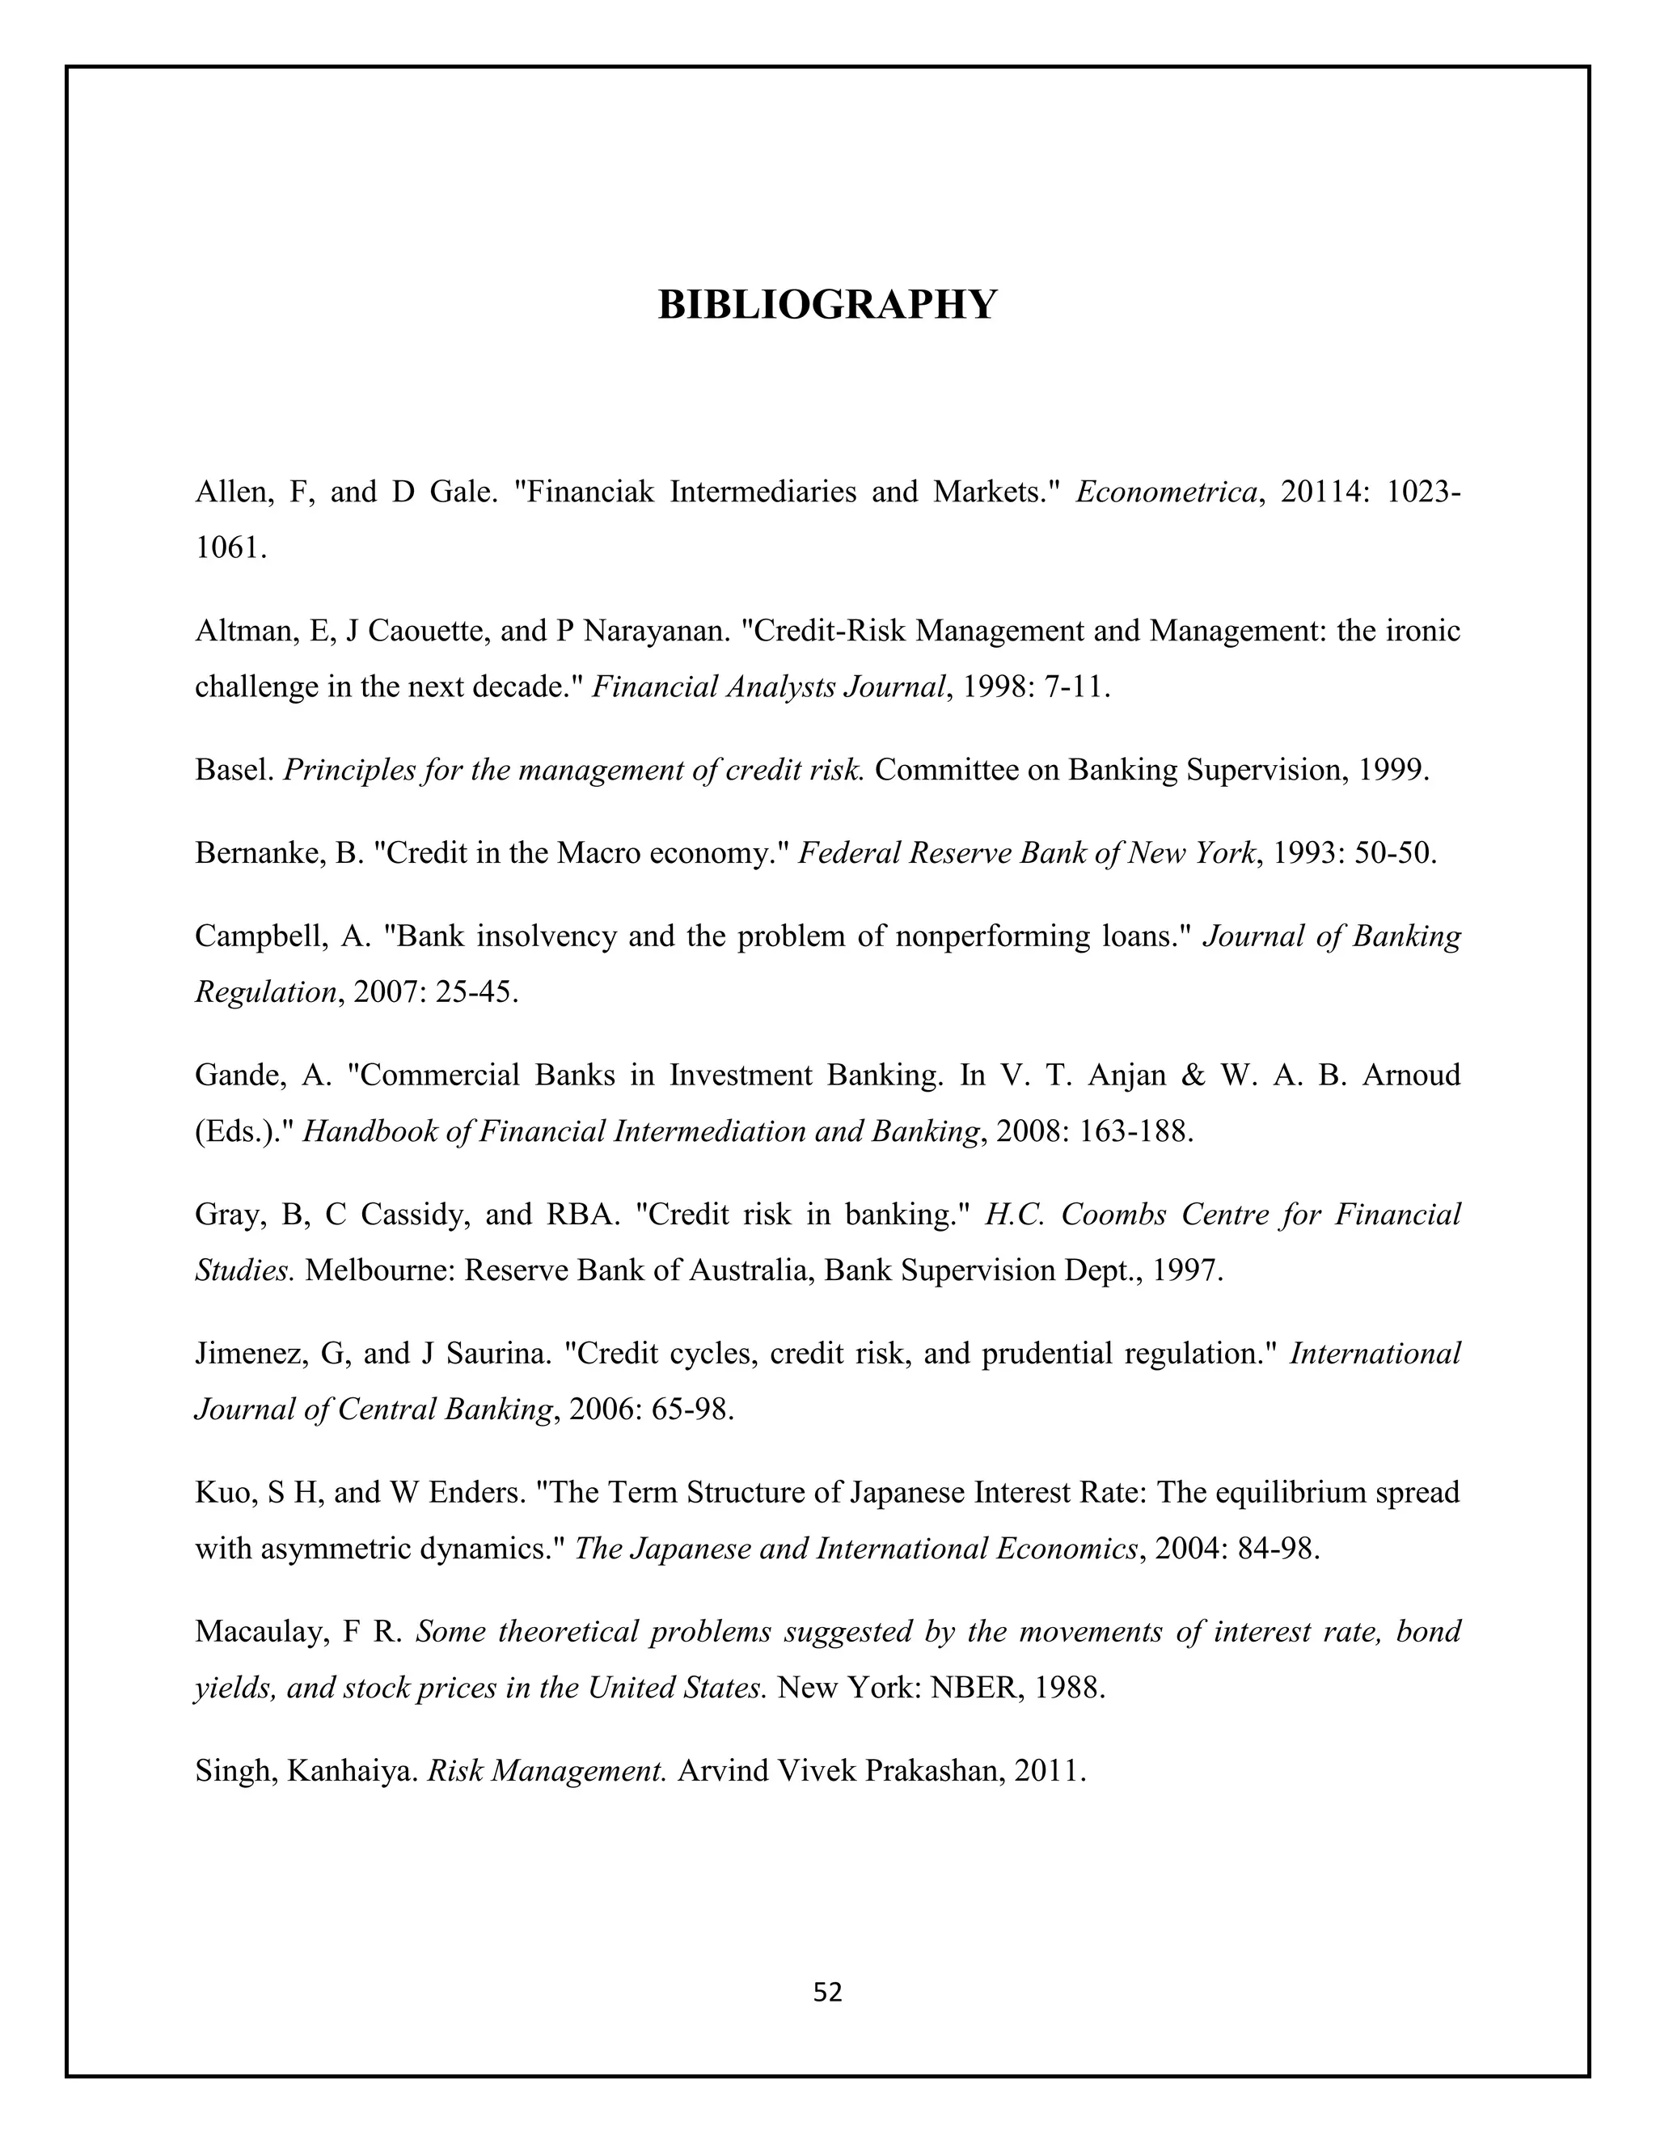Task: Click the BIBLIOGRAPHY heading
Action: click(x=827, y=305)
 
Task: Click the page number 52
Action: click(x=827, y=1992)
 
